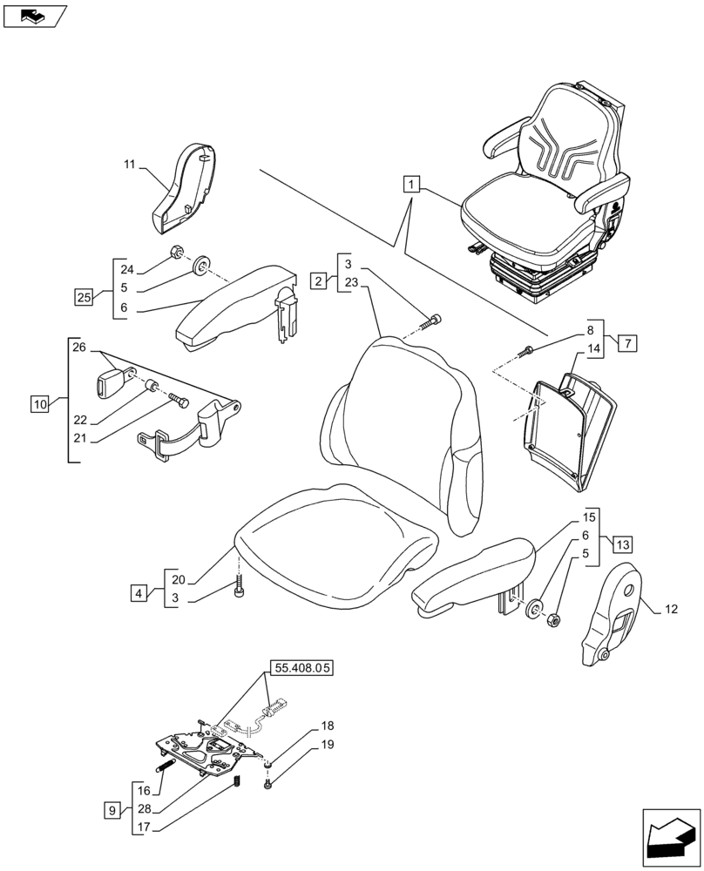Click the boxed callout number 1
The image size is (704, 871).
[412, 184]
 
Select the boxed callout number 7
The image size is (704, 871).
[627, 342]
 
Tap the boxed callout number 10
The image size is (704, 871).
[39, 403]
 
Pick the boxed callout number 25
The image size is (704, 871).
[84, 298]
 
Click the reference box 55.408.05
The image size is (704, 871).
[301, 669]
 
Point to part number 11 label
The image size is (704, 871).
[131, 164]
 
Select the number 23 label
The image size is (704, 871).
[351, 282]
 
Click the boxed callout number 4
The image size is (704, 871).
[139, 594]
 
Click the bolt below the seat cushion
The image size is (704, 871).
[240, 591]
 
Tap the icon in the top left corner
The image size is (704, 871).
[35, 15]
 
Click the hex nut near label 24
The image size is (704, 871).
[175, 253]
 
